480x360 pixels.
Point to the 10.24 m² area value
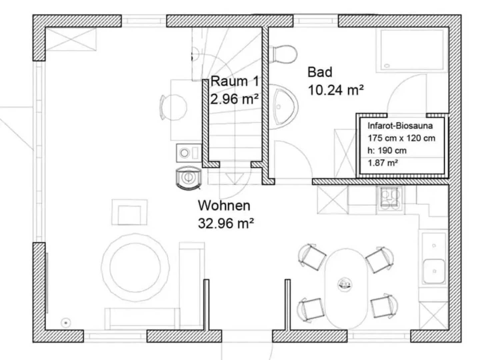[336, 90]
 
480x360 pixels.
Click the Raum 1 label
[235, 81]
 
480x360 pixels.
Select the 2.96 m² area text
[234, 99]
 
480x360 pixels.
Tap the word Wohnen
[224, 206]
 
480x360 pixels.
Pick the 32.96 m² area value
[226, 223]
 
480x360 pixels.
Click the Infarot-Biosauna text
[400, 126]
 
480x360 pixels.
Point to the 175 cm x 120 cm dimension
[401, 138]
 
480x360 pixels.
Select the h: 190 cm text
[387, 151]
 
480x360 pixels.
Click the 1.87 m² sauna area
[383, 163]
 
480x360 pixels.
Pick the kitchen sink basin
[434, 271]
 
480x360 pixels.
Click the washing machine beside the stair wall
[189, 153]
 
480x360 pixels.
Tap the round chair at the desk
[174, 107]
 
